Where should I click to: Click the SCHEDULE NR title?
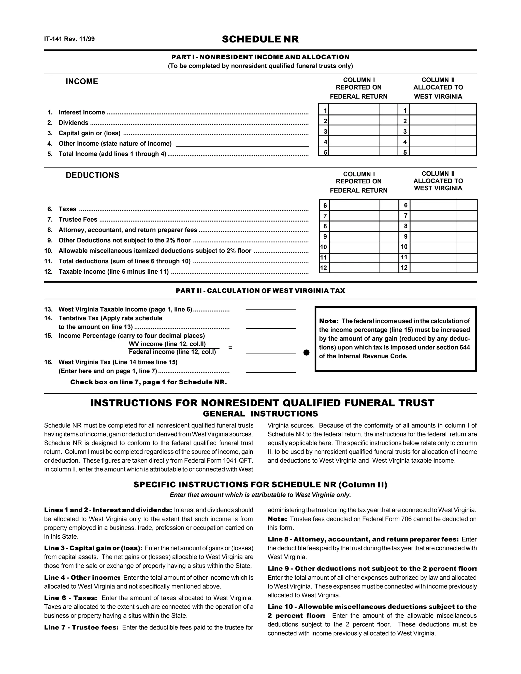(260, 39)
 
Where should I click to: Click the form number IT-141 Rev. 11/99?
(69, 39)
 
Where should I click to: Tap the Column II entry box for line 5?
(432, 152)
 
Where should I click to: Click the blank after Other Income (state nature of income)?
(242, 143)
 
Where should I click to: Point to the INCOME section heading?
(82, 81)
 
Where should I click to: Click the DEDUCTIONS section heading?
(92, 175)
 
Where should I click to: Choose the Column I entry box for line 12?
(354, 268)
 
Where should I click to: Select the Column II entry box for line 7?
(433, 216)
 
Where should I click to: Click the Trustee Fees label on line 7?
(78, 219)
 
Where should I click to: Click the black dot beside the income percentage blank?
(306, 353)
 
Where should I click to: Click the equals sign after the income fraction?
(230, 348)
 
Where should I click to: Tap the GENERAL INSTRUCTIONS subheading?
(260, 414)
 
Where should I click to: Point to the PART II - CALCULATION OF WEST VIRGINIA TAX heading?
(260, 291)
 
